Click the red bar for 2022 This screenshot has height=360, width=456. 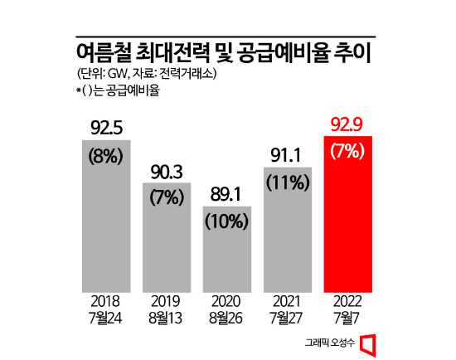tap(348, 214)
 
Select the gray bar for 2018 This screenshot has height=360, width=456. tap(106, 216)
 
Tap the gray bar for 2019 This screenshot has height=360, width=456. tap(167, 237)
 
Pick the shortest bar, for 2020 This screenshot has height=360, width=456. tap(227, 250)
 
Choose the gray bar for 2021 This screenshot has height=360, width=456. tap(288, 230)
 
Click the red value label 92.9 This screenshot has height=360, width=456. tap(347, 125)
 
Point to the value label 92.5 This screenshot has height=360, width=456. tap(106, 128)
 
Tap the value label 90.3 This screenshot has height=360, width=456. tap(167, 172)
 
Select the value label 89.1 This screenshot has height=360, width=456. tap(226, 194)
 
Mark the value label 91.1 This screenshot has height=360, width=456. tap(286, 155)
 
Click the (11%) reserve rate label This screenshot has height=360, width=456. tap(288, 182)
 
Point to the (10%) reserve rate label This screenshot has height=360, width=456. tap(227, 221)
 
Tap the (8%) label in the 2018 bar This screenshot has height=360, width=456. tap(105, 156)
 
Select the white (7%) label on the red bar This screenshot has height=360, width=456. tap(347, 151)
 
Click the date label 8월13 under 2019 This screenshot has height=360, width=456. tap(166, 318)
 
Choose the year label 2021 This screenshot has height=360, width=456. tap(287, 301)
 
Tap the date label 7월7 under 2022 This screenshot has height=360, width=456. tap(347, 318)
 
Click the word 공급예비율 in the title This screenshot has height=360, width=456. tap(284, 53)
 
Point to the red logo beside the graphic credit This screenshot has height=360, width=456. tap(368, 345)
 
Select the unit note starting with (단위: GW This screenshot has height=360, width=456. tap(146, 74)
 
